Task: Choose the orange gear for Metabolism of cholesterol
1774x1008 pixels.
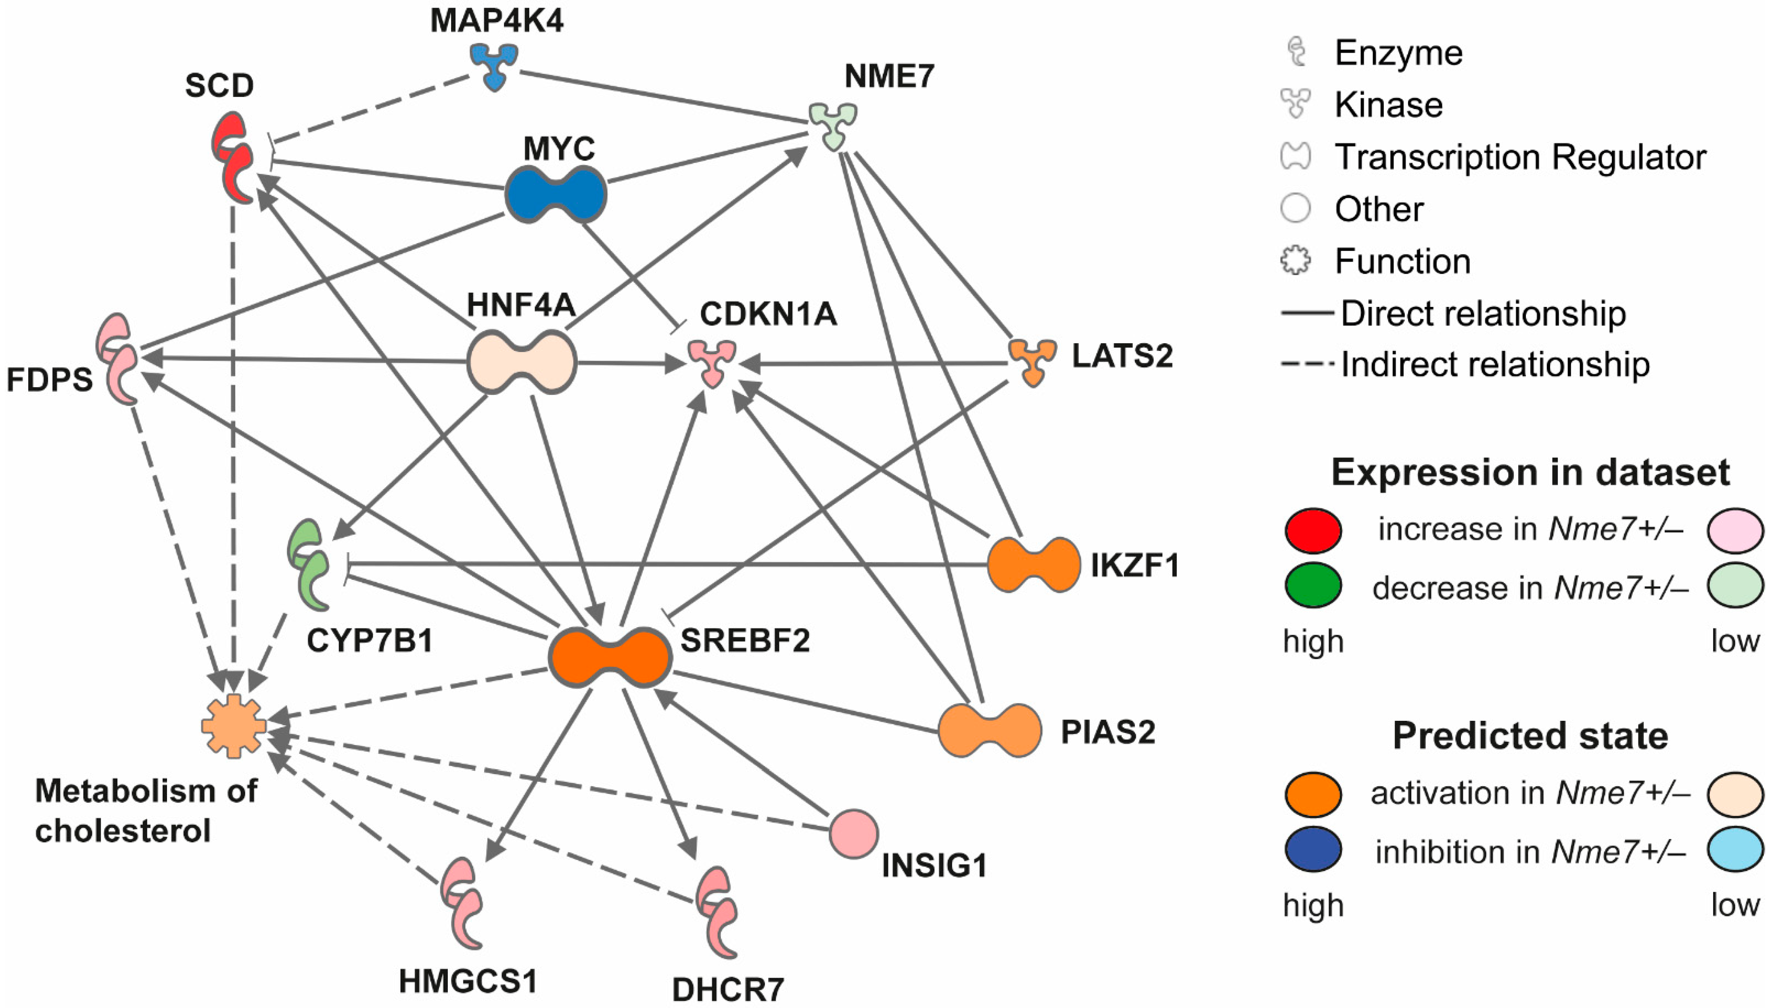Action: pyautogui.click(x=233, y=726)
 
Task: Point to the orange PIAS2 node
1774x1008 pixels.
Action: pyautogui.click(x=990, y=730)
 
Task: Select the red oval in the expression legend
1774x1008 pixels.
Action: pyautogui.click(x=1313, y=530)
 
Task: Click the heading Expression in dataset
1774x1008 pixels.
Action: pyautogui.click(x=1530, y=473)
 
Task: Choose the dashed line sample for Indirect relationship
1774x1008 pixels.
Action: pyautogui.click(x=1307, y=364)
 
